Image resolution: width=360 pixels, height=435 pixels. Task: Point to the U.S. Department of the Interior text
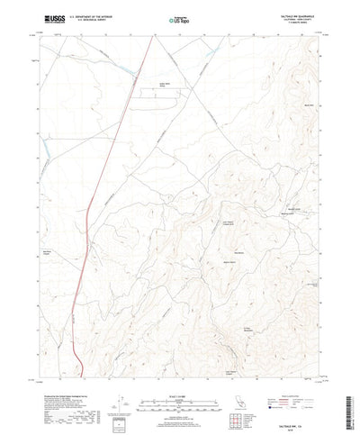[85, 16]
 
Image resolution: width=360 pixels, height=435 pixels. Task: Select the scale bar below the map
[179, 377]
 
